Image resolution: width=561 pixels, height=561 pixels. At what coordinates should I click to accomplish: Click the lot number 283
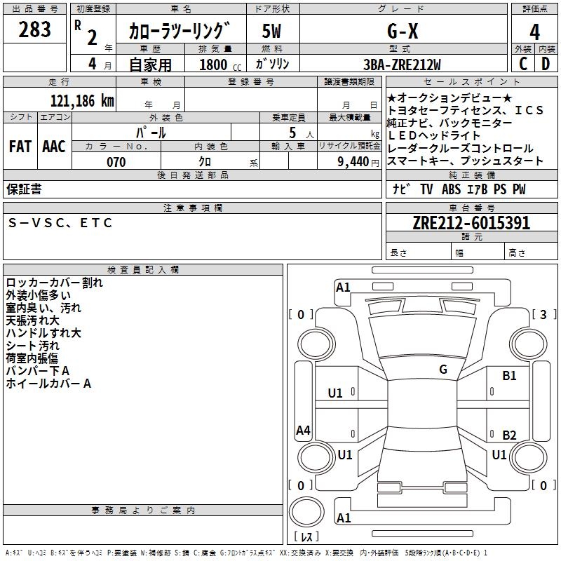35,30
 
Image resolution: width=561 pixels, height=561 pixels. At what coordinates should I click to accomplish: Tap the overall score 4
534,32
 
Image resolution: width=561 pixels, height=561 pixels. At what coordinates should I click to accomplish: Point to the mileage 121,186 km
82,100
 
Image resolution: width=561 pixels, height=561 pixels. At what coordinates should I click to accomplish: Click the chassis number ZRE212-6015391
471,223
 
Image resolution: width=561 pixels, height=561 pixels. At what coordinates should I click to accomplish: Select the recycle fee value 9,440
353,162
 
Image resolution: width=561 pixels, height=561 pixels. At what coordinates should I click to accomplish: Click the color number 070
116,162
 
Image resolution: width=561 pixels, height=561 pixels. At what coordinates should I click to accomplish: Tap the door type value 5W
272,31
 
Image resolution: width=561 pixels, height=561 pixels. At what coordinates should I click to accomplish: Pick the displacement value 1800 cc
217,65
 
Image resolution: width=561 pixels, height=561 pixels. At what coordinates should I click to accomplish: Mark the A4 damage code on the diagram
303,431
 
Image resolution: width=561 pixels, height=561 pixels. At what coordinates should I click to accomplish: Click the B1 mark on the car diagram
509,376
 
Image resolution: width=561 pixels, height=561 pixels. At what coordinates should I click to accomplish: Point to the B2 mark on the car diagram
509,435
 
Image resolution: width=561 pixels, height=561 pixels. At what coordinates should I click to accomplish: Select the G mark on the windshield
443,370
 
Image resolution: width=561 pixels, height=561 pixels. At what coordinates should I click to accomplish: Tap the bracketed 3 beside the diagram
543,314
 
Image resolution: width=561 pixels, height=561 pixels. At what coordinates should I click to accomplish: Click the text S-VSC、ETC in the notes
60,223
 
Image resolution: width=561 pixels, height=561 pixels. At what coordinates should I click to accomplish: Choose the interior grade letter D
546,65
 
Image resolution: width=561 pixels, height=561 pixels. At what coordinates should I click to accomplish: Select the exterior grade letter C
522,65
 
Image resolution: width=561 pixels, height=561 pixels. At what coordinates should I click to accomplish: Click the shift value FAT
20,146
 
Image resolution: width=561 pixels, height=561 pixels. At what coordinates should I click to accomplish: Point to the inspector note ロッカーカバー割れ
54,283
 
